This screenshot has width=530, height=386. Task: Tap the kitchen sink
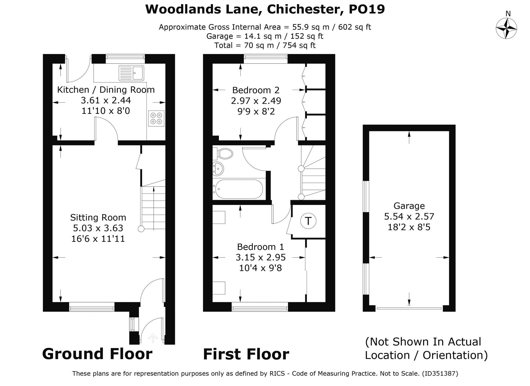pos(131,73)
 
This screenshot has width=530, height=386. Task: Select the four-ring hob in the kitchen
pos(156,118)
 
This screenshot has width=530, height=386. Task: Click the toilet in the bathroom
pos(223,154)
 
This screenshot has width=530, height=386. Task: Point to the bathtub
pos(239,189)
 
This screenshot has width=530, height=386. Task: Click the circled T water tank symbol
pos(308,221)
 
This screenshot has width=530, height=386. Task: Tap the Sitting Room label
pos(98,218)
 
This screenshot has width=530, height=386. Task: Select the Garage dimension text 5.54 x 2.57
pos(409,216)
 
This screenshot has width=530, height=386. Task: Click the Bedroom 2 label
pos(256,90)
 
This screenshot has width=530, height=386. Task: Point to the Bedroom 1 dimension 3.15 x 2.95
pos(260,257)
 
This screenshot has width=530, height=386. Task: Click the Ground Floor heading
pos(97,354)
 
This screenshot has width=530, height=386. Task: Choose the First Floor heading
pos(246,354)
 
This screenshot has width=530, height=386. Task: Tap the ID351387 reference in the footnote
pos(440,374)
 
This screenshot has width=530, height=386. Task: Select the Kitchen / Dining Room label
pos(106,90)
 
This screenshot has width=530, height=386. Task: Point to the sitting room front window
pos(92,308)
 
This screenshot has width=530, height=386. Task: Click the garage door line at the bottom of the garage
pos(409,308)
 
